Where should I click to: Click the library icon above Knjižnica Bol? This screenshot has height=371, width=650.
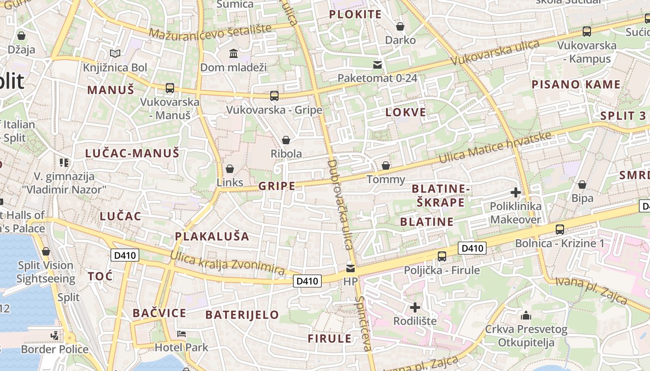point(115,54)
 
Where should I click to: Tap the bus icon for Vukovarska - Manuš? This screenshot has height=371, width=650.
point(170,88)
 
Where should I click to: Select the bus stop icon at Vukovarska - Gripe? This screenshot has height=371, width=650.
point(274,96)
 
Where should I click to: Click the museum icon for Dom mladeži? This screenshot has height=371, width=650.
point(234,54)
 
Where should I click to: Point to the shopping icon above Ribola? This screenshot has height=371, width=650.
point(286,140)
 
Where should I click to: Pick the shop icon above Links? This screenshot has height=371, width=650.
point(230,169)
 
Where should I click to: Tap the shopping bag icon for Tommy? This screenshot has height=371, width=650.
point(386,166)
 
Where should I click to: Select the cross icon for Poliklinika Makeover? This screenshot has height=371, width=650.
point(515,192)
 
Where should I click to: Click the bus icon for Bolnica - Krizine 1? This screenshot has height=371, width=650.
point(560,229)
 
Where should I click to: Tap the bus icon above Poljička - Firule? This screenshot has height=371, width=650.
point(442,256)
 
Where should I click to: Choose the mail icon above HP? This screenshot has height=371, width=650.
point(351,268)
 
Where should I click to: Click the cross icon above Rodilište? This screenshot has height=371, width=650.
point(415,307)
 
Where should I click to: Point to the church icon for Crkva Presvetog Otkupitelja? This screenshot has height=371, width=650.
point(526,315)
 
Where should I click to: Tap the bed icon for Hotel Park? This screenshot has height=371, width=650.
point(182,334)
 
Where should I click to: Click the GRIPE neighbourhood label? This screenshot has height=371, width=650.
point(277,186)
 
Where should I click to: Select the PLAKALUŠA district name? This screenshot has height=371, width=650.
point(212,237)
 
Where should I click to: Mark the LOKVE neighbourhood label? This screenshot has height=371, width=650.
point(406,112)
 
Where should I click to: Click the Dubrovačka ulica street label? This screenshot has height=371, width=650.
point(340,204)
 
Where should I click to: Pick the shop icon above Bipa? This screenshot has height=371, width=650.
point(582,185)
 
